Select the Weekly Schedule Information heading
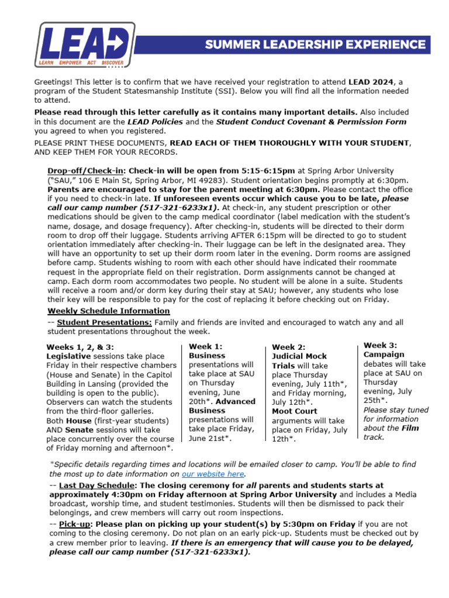(109, 311)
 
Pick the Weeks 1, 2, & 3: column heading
(80, 347)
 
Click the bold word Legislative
(68, 356)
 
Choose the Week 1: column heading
(205, 346)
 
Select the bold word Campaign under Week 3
(384, 354)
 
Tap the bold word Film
(410, 427)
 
